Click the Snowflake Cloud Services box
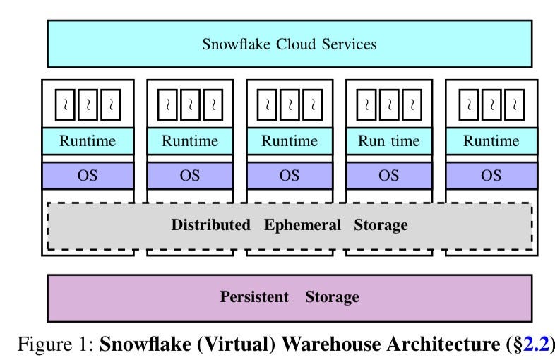click(289, 44)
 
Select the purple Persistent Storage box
click(289, 297)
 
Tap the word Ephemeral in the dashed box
click(303, 226)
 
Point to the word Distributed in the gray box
click(210, 226)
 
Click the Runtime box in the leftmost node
click(88, 140)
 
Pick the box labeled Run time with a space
click(388, 140)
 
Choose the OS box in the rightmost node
click(491, 175)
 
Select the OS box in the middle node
click(289, 175)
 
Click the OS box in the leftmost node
click(88, 175)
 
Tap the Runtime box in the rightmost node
click(491, 140)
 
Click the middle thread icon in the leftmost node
click(88, 105)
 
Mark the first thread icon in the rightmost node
click(469, 105)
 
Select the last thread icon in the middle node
click(311, 105)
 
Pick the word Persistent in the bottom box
click(254, 297)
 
